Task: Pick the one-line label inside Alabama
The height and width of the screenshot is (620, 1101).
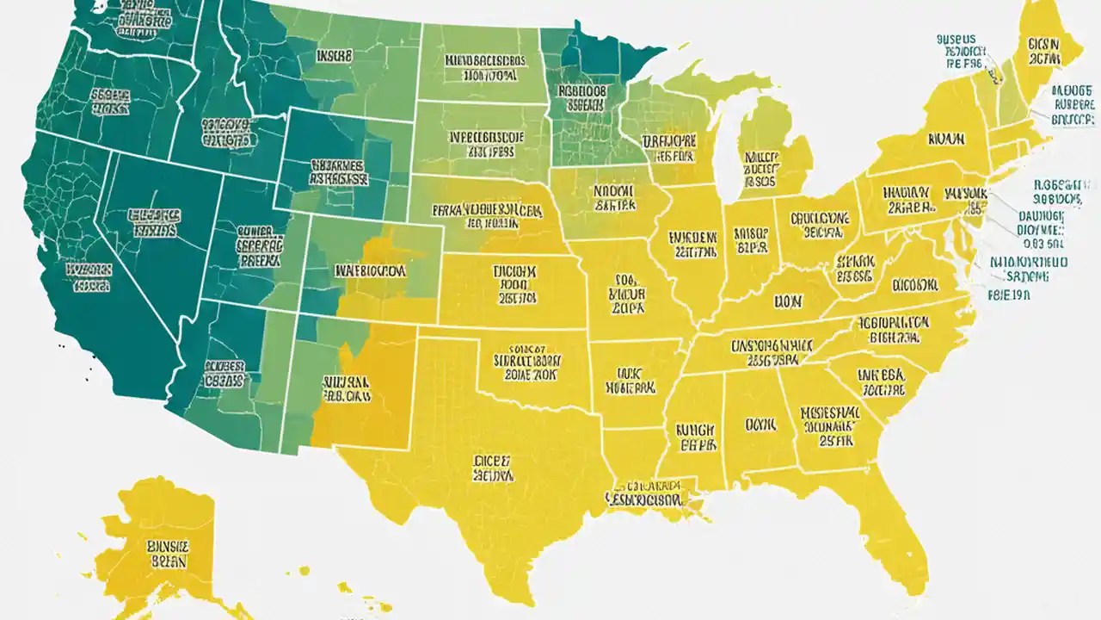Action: point(760,425)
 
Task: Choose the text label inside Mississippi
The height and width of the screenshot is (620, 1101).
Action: point(696,437)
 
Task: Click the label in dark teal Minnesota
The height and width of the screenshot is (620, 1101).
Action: point(582,96)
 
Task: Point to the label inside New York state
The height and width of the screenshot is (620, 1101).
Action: point(944,138)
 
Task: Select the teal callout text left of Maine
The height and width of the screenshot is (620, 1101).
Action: point(956,51)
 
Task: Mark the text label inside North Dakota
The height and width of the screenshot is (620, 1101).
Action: point(485,68)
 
